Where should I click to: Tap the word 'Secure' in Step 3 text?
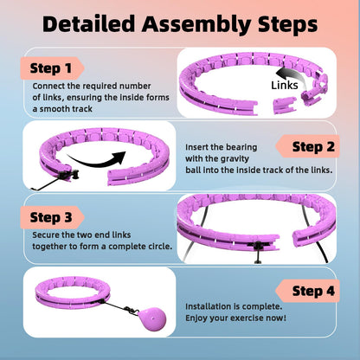pos(47,234)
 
